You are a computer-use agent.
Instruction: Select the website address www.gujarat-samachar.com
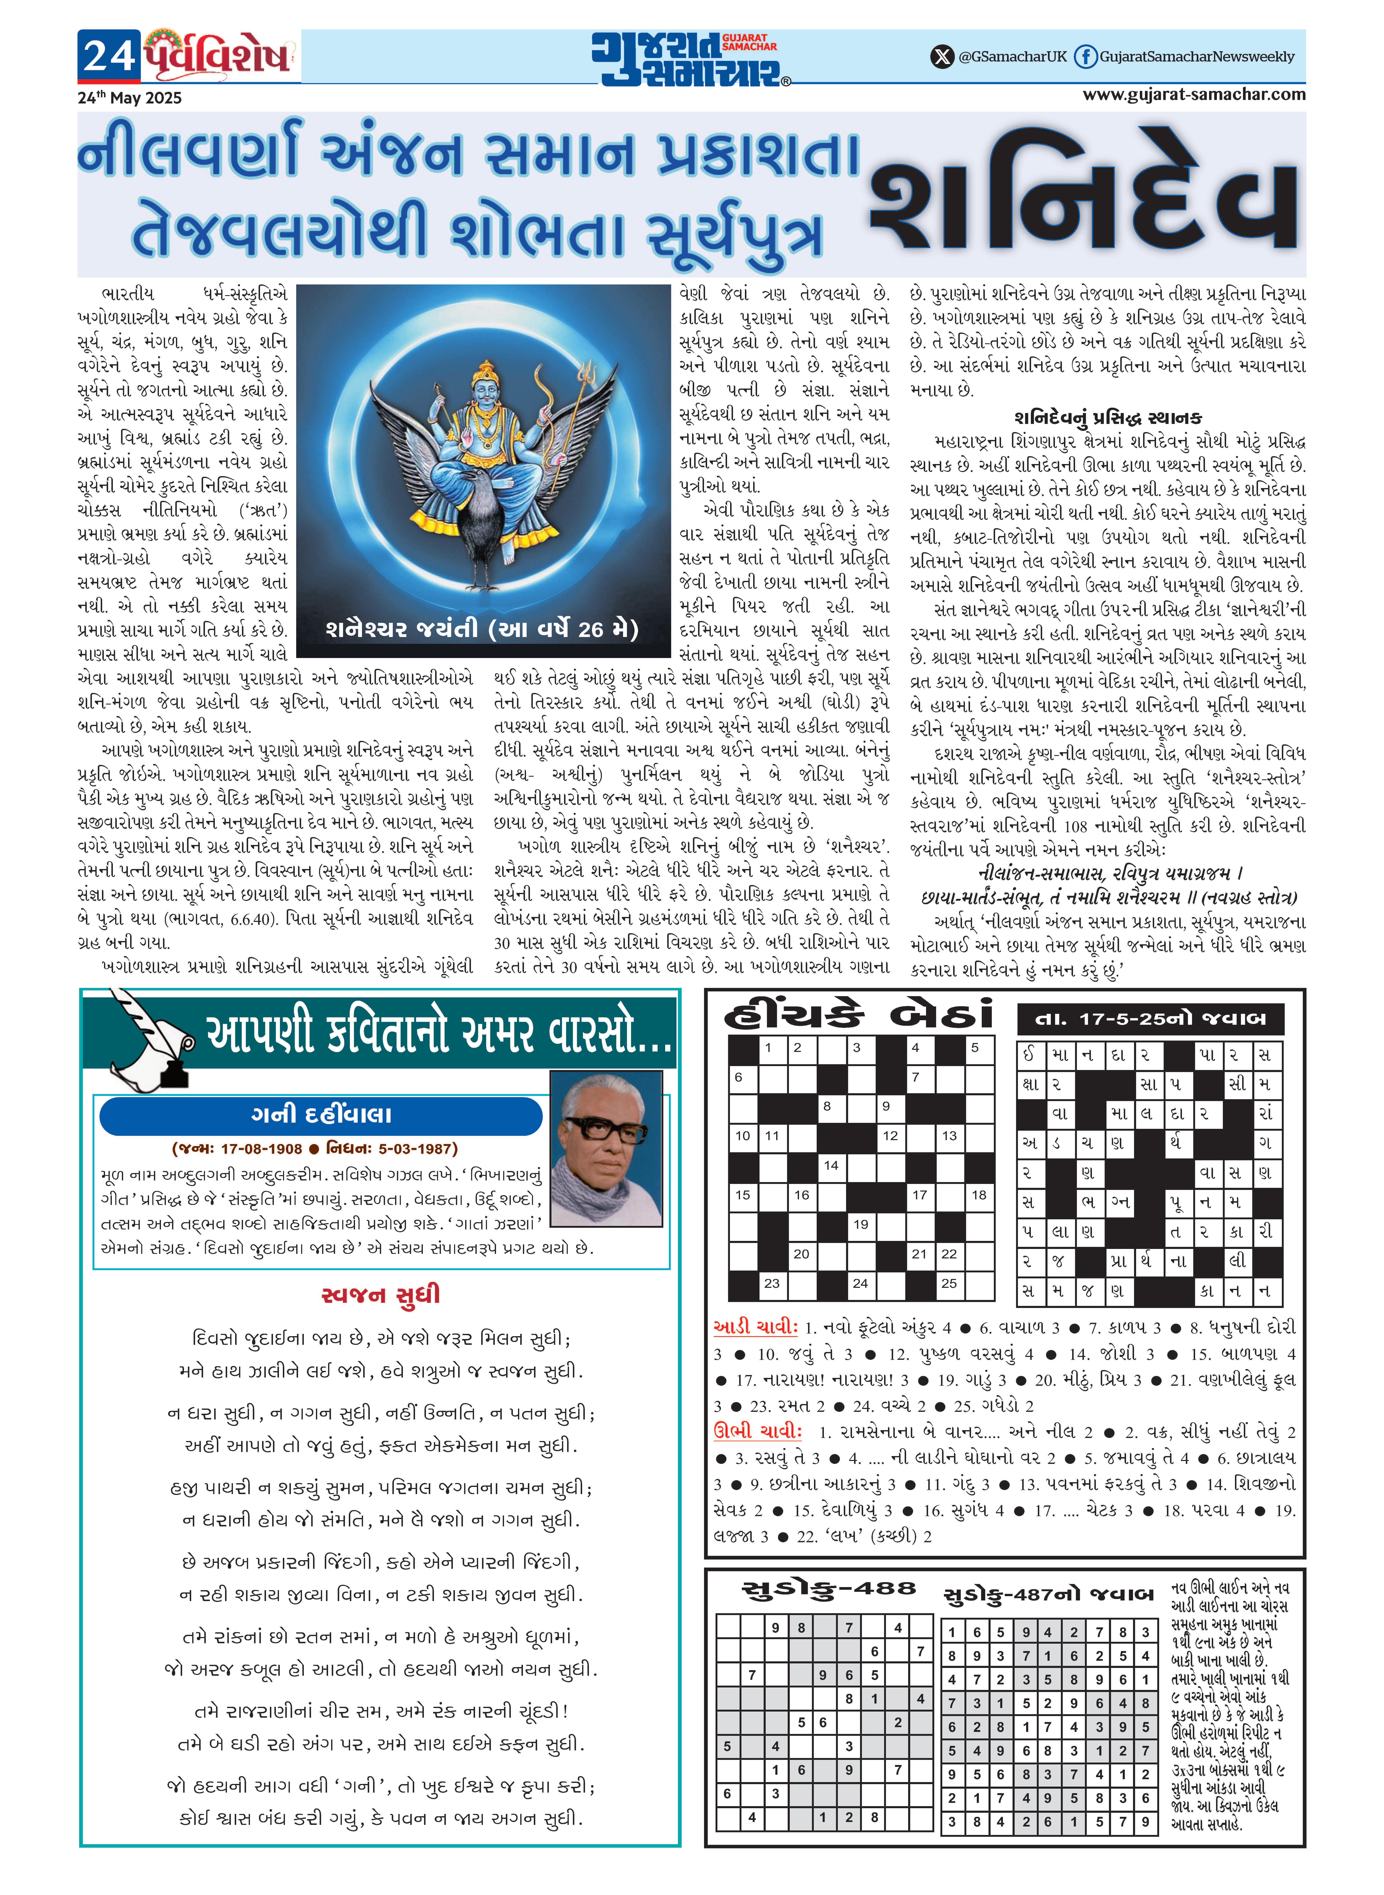[1194, 94]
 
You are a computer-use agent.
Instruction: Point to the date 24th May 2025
[130, 97]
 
